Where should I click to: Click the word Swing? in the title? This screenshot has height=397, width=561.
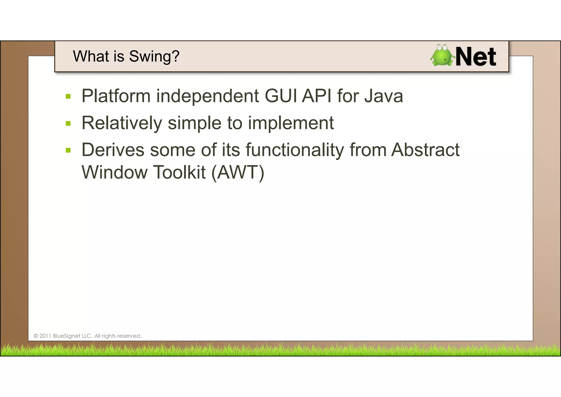[x=154, y=57]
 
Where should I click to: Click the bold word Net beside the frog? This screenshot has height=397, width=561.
[x=476, y=57]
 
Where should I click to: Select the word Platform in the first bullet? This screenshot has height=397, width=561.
[x=116, y=96]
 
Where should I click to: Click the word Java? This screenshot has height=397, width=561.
[x=383, y=96]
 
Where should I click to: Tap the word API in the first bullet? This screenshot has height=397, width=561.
[x=317, y=96]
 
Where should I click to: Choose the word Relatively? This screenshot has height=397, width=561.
[x=122, y=123]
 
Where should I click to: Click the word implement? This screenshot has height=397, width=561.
[x=291, y=123]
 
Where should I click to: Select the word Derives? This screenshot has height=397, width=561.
[x=113, y=150]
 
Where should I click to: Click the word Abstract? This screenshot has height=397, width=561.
[x=425, y=150]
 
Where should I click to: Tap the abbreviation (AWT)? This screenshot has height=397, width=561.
[x=238, y=172]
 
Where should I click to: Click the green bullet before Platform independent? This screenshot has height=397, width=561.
[x=68, y=96]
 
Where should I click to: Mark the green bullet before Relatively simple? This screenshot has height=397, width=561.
[x=68, y=123]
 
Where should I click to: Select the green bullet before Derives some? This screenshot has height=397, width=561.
[x=68, y=150]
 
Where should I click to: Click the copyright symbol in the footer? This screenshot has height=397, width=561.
[x=36, y=336]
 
